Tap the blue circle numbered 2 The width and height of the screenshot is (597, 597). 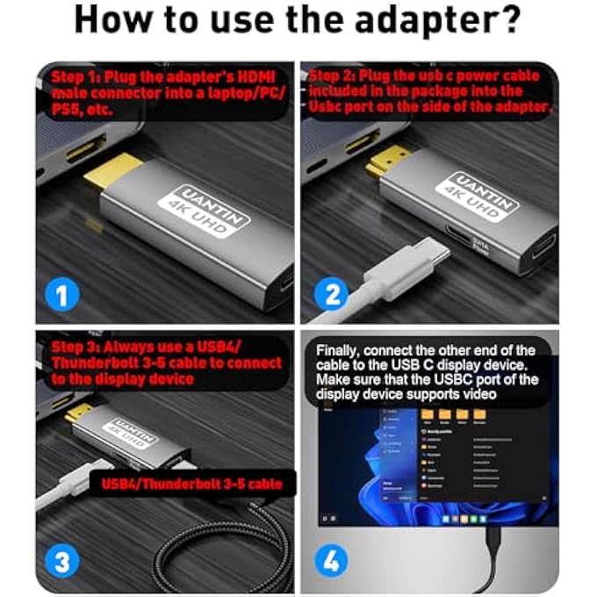(332, 295)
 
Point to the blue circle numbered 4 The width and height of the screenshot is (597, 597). (332, 561)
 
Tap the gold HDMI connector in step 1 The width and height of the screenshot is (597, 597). (110, 179)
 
